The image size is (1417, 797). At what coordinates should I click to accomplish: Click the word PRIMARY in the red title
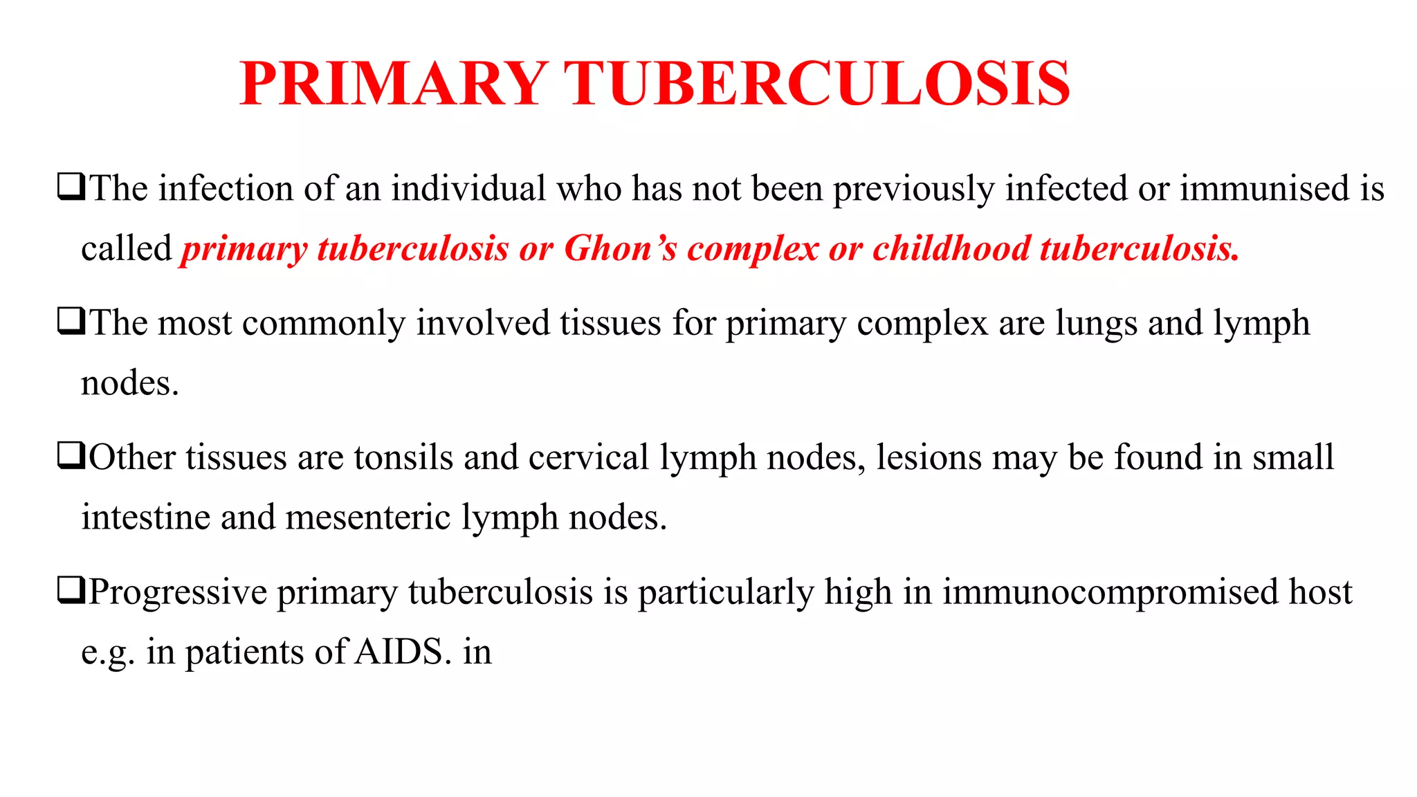[393, 84]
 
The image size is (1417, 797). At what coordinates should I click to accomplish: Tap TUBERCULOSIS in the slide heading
[817, 84]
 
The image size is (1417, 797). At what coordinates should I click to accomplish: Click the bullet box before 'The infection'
[71, 187]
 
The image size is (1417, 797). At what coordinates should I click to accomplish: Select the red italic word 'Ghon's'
[620, 248]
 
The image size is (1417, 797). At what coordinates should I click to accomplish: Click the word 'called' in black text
[126, 248]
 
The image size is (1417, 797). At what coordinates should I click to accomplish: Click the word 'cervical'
[588, 457]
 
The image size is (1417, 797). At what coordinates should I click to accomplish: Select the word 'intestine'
[145, 517]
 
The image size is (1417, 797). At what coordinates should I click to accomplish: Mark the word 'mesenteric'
[367, 517]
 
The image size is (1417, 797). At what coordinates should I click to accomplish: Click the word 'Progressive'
[178, 592]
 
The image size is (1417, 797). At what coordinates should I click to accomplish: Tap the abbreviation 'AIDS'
[398, 652]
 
